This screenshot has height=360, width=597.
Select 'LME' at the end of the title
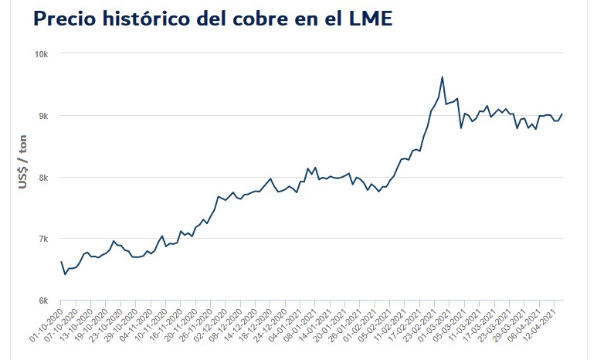pos(371,20)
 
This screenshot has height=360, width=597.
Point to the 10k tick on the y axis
pos(41,54)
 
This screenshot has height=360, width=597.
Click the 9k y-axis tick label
pos(43,116)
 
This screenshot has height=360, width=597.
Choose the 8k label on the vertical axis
pos(43,177)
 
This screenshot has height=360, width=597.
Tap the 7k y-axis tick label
pos(43,239)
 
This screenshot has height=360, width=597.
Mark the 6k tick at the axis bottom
pos(43,301)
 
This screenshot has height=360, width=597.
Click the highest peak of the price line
pos(442,76)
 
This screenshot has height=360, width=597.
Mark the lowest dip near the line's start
pos(65,274)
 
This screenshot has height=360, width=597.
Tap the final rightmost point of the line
pos(562,114)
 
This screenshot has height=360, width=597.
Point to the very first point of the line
pos(61,261)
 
